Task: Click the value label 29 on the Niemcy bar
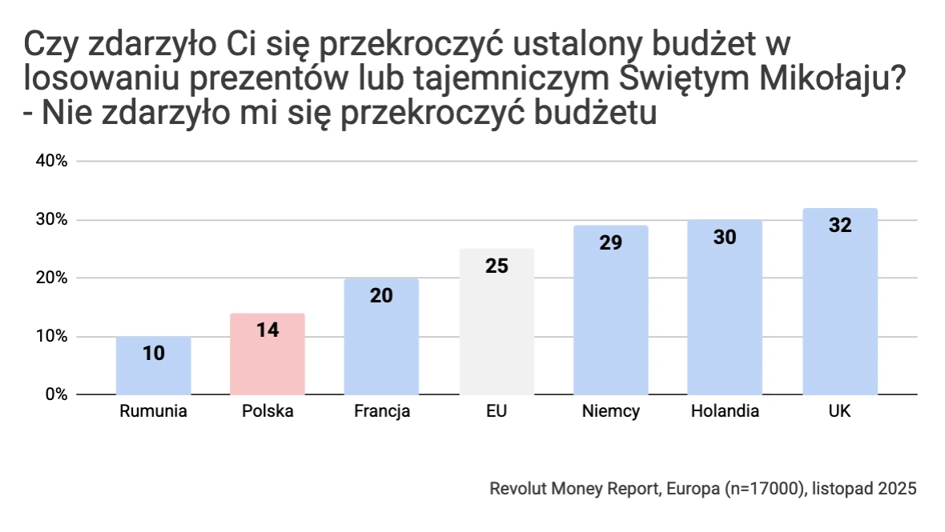tap(611, 242)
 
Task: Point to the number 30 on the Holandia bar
tap(726, 237)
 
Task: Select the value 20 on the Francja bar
tap(382, 295)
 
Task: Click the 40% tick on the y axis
tap(50, 161)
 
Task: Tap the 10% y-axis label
tap(50, 337)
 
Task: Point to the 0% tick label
tap(54, 395)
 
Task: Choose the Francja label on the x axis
tap(382, 412)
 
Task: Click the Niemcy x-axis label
tap(611, 412)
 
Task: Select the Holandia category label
tap(726, 412)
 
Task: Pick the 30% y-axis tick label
tap(50, 220)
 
